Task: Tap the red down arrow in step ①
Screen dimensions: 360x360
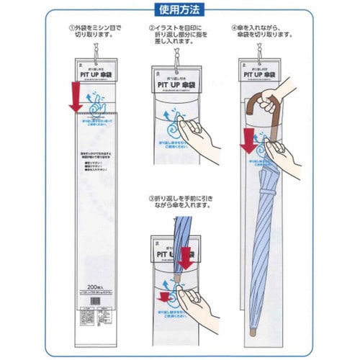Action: tap(74, 96)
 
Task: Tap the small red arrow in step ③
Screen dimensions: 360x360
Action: tap(164, 293)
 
